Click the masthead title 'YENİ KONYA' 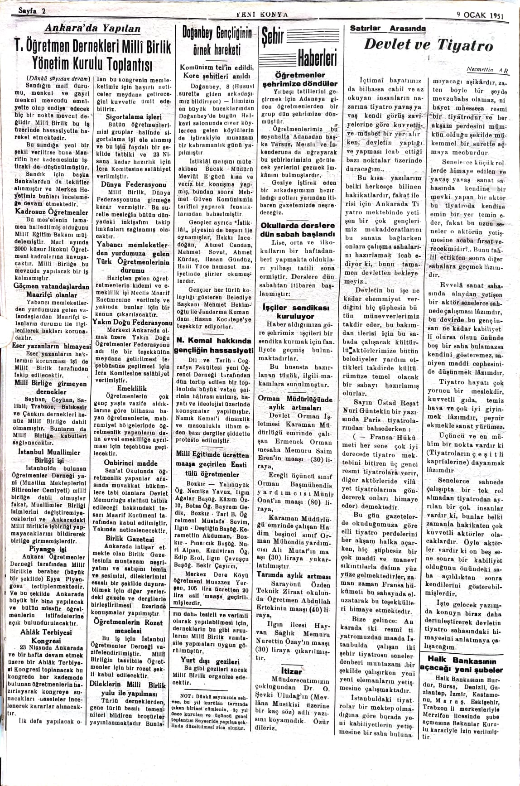[262, 14]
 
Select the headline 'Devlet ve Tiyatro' [429, 45]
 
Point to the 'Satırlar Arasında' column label [388, 29]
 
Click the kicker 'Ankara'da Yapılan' [93, 29]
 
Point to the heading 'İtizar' [292, 669]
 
